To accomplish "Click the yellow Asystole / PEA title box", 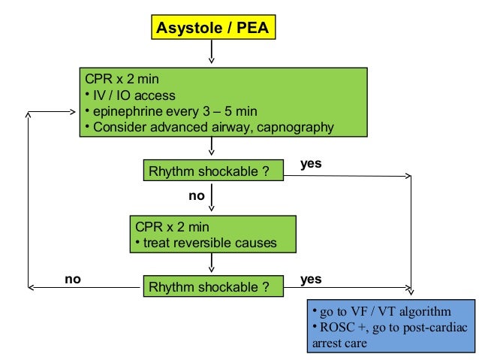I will [x=212, y=29].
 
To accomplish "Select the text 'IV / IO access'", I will [x=132, y=95].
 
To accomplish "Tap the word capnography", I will [x=295, y=127].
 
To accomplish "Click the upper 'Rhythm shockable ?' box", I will [x=213, y=171].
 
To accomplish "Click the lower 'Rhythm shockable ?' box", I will [x=213, y=286].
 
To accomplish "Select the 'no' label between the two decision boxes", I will [x=197, y=196].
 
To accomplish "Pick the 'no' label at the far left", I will [x=72, y=279].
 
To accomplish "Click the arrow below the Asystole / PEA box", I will [x=212, y=53].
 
